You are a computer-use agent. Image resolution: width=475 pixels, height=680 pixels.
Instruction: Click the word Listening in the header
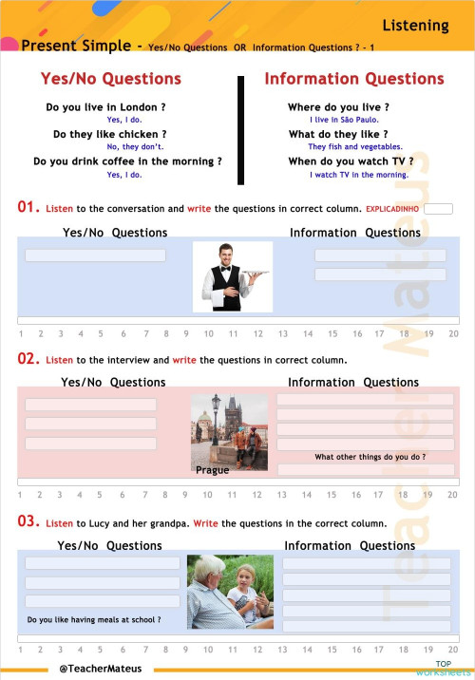[x=415, y=25]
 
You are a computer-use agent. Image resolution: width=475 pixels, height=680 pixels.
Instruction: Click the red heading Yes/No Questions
[x=110, y=79]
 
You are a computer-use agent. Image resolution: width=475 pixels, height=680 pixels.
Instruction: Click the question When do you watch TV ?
[x=351, y=161]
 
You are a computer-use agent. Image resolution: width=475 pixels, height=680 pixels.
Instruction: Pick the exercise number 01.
[x=28, y=207]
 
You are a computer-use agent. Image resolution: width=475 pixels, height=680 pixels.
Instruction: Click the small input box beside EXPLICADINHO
[x=438, y=208]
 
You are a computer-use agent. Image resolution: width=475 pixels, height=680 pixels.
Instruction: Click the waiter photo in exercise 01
[x=232, y=276]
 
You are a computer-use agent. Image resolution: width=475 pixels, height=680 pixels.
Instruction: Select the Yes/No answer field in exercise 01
[x=95, y=255]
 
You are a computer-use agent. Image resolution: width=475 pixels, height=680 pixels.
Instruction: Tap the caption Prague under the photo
[x=212, y=470]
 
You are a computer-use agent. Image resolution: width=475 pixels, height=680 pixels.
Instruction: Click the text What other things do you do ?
[x=370, y=457]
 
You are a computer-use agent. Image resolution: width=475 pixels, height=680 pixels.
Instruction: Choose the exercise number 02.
[x=28, y=360]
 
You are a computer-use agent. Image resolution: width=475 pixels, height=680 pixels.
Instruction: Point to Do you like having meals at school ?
[x=94, y=620]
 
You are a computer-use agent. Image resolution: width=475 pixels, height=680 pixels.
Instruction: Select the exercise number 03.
[x=28, y=522]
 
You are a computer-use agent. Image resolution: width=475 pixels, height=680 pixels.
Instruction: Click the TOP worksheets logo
[x=443, y=669]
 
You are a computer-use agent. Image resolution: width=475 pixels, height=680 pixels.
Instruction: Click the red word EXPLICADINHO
[x=392, y=208]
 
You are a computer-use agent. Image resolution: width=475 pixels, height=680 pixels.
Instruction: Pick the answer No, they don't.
[x=135, y=147]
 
